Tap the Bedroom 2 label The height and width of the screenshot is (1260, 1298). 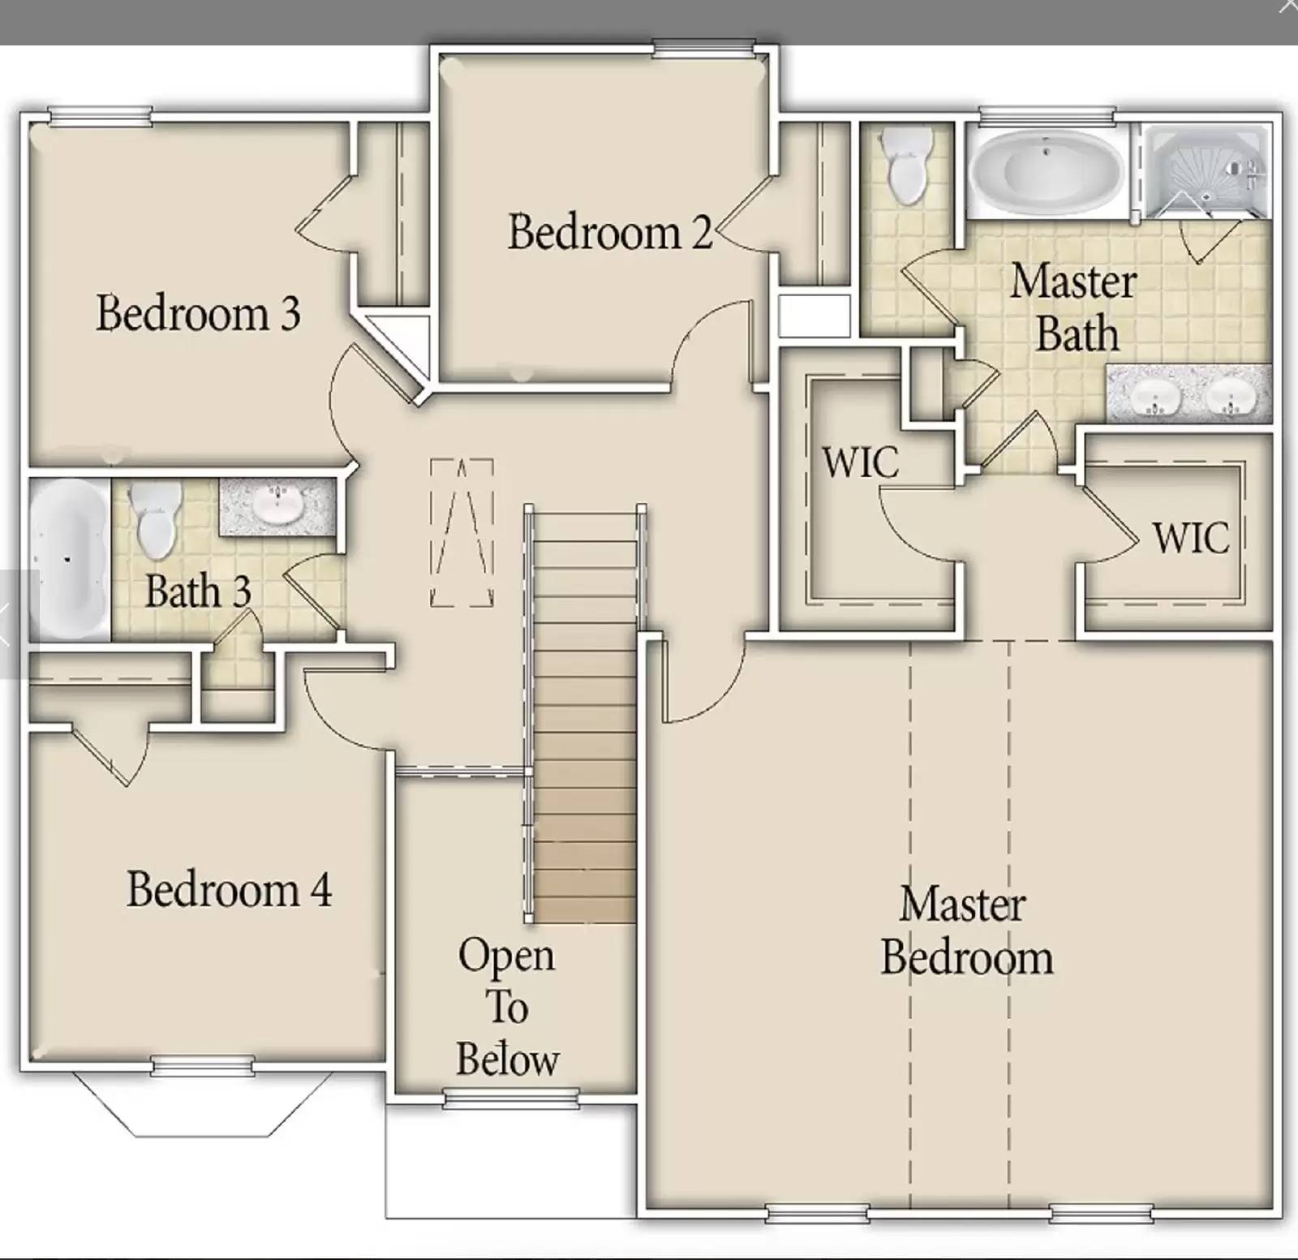(x=609, y=232)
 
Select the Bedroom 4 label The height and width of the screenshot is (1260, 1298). (x=229, y=889)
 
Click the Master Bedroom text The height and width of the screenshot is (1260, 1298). (x=965, y=931)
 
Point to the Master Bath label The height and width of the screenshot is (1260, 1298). (x=1074, y=307)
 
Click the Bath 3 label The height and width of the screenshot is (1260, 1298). (x=198, y=591)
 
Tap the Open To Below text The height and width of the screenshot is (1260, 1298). (x=507, y=1008)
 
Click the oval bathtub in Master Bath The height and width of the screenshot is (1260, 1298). (x=1047, y=171)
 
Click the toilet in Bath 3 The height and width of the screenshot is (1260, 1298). (x=155, y=519)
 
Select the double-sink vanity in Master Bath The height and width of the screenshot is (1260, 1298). (x=1189, y=393)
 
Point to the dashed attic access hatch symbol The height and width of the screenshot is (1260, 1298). (x=462, y=532)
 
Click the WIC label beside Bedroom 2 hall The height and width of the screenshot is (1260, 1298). (x=860, y=462)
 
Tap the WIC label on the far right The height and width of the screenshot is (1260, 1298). (x=1190, y=537)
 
